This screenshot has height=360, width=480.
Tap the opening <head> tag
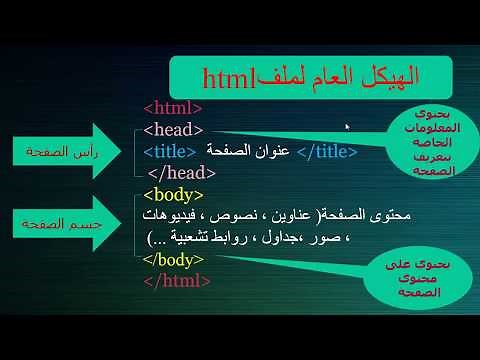click(173, 130)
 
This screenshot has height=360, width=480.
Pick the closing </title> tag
click(327, 151)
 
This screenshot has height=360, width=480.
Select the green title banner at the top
click(309, 75)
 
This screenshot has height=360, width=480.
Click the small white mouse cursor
click(347, 127)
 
